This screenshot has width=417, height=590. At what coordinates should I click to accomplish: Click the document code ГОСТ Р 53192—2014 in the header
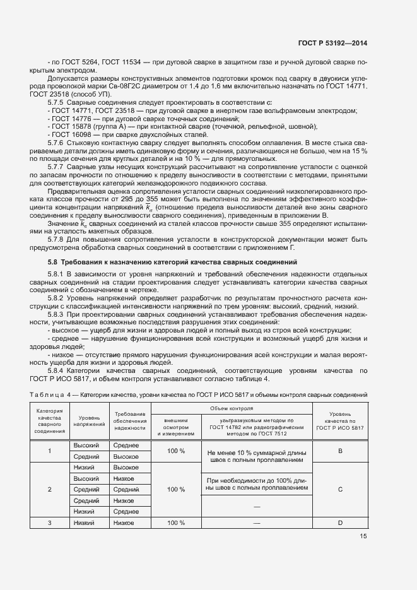click(332, 43)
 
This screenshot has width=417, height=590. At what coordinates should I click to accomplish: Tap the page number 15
click(363, 536)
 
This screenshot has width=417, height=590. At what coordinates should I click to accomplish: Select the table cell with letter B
click(340, 451)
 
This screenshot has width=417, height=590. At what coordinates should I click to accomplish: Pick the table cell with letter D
click(340, 523)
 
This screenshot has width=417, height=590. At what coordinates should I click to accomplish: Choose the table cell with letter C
click(340, 489)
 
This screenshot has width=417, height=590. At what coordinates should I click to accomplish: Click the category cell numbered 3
click(50, 523)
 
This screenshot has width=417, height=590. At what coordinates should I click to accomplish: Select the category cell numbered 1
click(50, 451)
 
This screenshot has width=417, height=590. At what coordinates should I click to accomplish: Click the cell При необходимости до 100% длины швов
click(255, 484)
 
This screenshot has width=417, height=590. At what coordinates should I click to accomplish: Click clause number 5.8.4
click(59, 371)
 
